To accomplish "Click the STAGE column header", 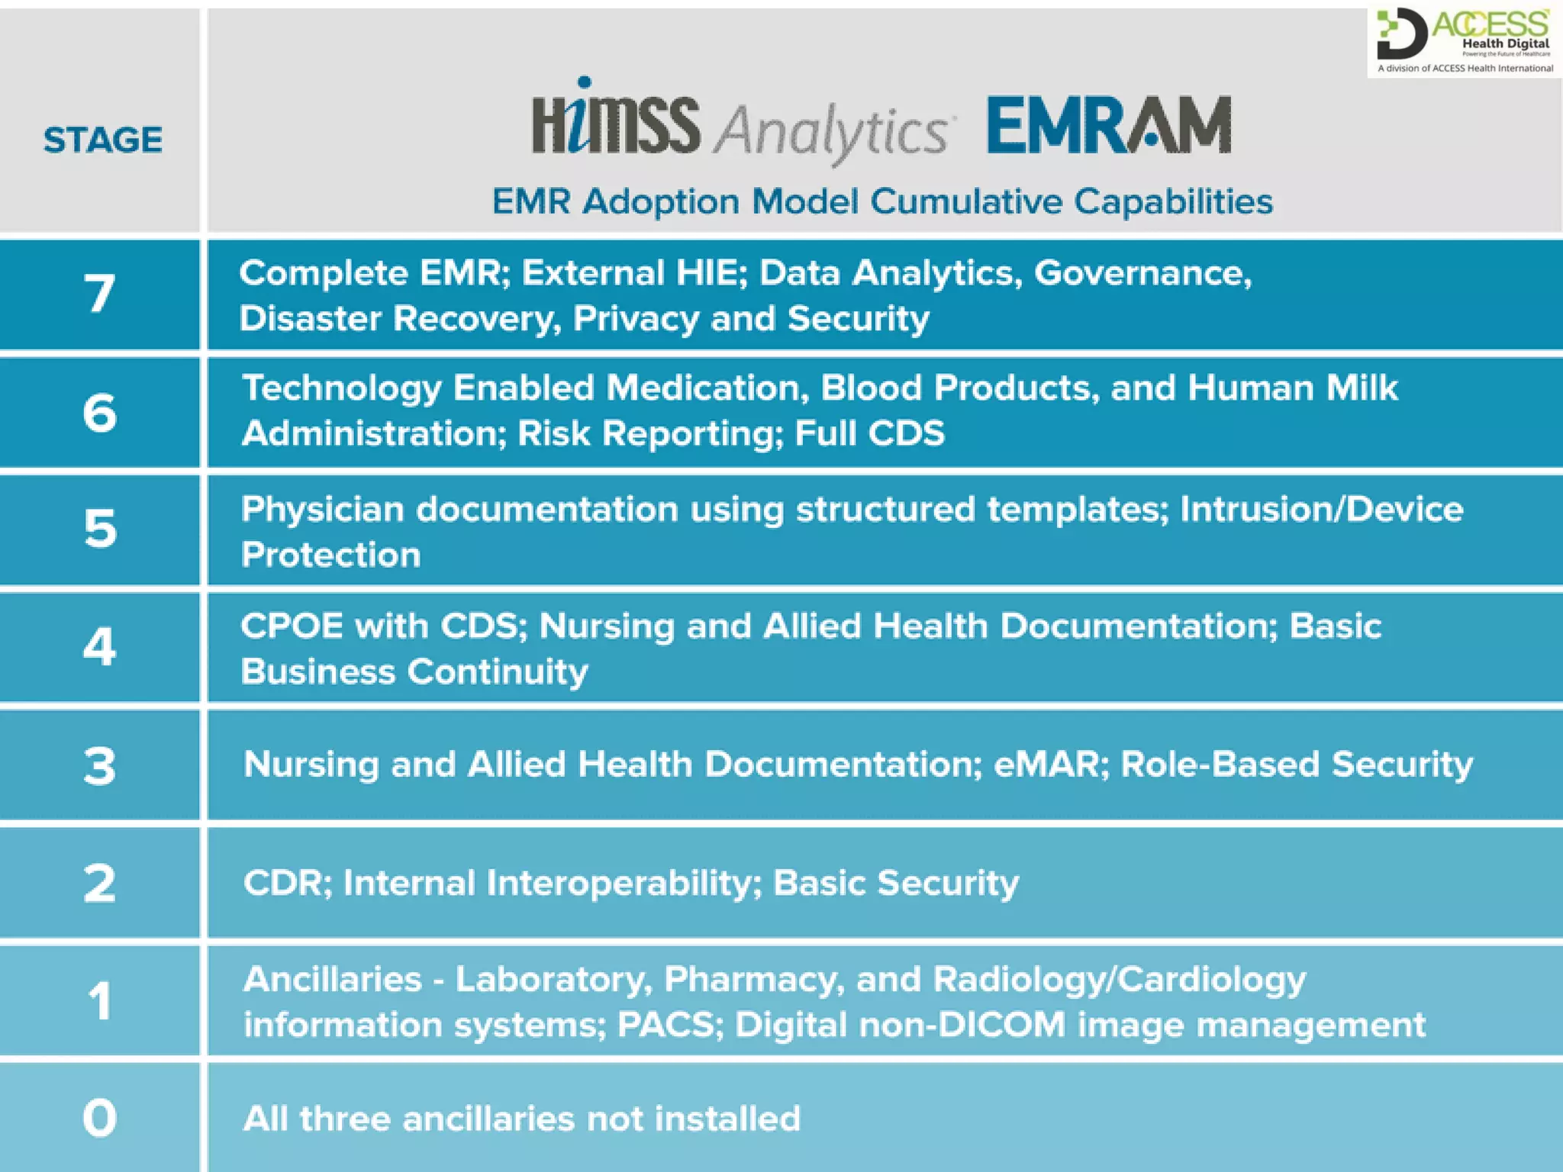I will tap(102, 140).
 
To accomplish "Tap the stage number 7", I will tap(100, 294).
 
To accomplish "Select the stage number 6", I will tap(100, 413).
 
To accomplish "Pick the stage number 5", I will tap(100, 528).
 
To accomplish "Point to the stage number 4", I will tap(100, 646).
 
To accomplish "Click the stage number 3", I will tap(100, 765).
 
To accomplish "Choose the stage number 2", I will tap(100, 883).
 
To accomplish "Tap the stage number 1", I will tap(100, 1000).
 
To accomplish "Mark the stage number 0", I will tap(100, 1118).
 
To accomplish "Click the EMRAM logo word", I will tap(1108, 126).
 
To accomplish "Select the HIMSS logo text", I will tap(615, 122).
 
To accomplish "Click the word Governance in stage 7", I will tap(1142, 273).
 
